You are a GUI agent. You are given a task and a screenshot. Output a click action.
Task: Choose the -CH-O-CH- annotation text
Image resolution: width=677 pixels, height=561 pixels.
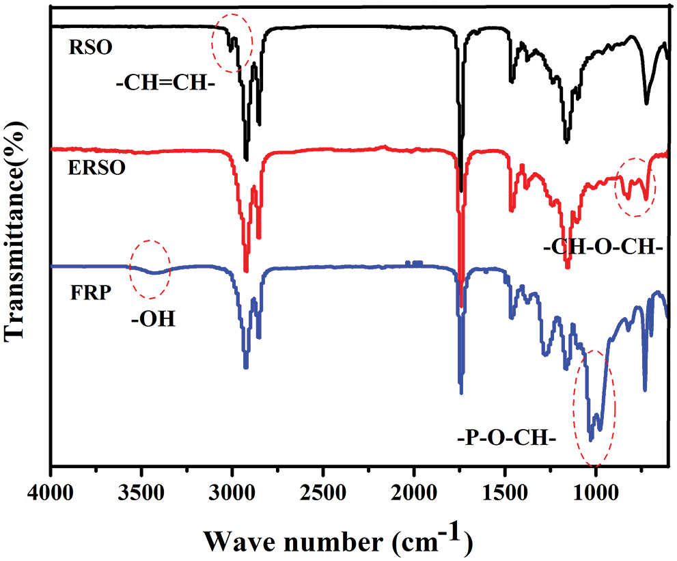603,248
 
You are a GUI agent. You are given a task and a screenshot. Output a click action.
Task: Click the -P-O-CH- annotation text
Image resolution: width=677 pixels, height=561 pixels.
503,435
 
